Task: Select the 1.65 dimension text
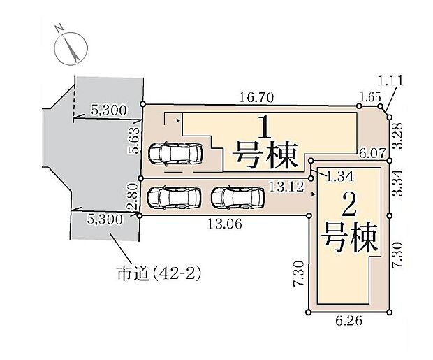(x=369, y=97)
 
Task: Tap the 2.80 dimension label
(x=131, y=198)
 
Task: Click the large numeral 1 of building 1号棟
(x=265, y=129)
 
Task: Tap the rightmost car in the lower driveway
(x=237, y=198)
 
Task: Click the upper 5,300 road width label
(x=109, y=110)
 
